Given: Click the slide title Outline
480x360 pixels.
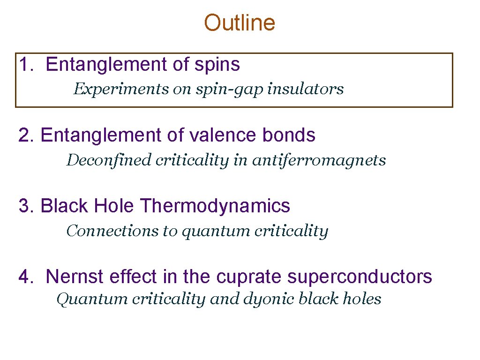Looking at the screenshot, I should point(240,22).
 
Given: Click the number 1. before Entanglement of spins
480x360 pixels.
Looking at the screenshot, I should point(26,65).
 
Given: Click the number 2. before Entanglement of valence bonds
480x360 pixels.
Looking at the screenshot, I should point(26,135).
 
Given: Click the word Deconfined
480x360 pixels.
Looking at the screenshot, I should point(109,160).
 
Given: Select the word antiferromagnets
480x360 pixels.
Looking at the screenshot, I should point(319,160).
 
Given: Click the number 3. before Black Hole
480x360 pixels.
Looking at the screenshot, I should point(26,206).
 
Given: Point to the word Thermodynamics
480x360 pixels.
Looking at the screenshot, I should point(215,206).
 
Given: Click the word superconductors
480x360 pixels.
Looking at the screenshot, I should point(360,277).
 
